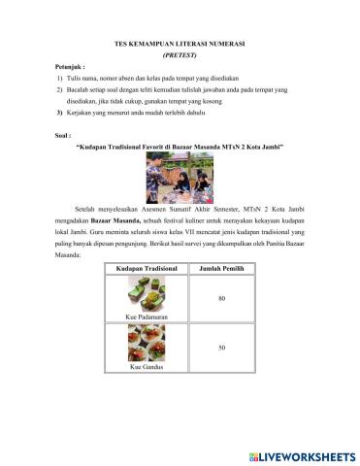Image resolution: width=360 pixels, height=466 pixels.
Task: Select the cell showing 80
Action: [221, 297]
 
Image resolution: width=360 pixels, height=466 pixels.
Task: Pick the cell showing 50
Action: [221, 347]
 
